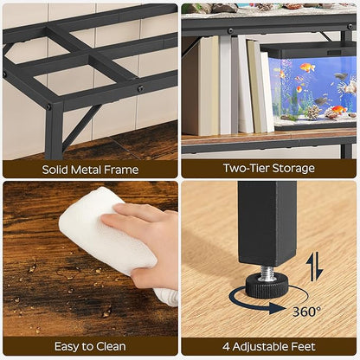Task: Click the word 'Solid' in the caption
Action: pyautogui.click(x=57, y=170)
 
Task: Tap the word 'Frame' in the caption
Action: pyautogui.click(x=120, y=170)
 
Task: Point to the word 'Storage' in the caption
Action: pyautogui.click(x=294, y=169)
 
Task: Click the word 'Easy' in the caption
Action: pyautogui.click(x=67, y=347)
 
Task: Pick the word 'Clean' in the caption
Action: pyautogui.click(x=110, y=347)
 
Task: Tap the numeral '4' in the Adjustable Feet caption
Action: pyautogui.click(x=226, y=347)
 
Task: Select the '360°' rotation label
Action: pyautogui.click(x=305, y=310)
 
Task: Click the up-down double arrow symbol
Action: pyautogui.click(x=315, y=266)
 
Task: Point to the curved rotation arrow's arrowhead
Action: pyautogui.click(x=235, y=300)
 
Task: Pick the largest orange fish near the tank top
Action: pyautogui.click(x=305, y=67)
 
